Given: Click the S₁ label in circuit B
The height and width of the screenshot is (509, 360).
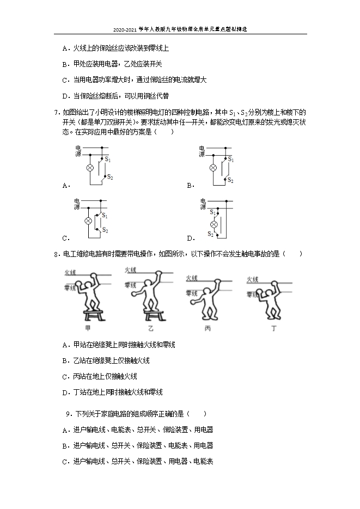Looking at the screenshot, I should point(231,159).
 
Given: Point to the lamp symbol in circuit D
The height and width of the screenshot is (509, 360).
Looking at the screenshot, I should point(214,224).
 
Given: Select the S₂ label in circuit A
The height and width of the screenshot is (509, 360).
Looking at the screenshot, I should point(109,177).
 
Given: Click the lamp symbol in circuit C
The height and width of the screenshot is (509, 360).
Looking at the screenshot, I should point(87,221).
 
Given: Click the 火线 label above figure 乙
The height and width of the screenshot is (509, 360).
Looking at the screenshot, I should point(130,270).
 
